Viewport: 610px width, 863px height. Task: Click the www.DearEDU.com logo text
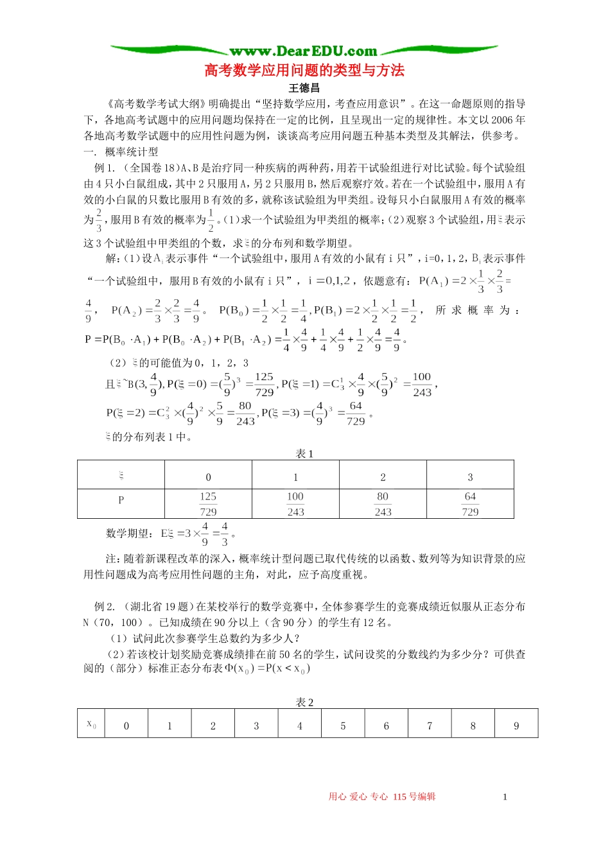click(303, 51)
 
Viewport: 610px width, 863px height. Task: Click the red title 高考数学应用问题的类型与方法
click(304, 70)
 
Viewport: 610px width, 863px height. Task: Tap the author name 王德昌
click(304, 88)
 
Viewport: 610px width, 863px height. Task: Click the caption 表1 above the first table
click(304, 454)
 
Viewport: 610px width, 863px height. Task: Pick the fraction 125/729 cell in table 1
click(208, 504)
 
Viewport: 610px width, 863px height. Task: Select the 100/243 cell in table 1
click(295, 504)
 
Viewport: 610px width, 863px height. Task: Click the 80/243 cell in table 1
click(383, 504)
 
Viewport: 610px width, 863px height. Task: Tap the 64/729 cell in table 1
click(470, 504)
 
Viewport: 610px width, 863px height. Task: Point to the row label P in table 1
click(121, 500)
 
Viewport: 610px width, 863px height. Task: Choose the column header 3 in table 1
click(470, 477)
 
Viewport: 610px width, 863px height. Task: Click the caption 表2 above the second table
click(304, 702)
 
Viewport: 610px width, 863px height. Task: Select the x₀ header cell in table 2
click(91, 724)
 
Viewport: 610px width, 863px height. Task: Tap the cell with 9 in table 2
click(516, 726)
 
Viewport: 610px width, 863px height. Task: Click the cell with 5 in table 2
click(343, 726)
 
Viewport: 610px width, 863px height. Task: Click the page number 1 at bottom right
click(505, 797)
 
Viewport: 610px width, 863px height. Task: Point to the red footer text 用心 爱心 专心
click(358, 797)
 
